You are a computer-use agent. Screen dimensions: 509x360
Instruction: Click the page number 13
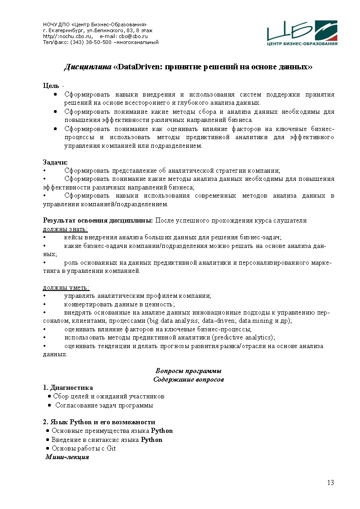point(331,482)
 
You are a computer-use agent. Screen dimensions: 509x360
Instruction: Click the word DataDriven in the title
point(139,67)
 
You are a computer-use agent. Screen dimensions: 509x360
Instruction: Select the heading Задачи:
point(55,162)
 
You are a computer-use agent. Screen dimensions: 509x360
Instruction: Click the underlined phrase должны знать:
point(65,229)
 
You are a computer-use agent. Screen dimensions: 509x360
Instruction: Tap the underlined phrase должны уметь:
point(66,287)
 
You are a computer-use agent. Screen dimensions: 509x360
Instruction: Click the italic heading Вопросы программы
point(188,371)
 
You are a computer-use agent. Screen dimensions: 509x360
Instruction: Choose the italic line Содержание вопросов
point(188,379)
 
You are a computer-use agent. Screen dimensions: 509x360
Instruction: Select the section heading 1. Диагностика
point(68,388)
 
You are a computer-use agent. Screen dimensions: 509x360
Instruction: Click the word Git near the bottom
point(111,448)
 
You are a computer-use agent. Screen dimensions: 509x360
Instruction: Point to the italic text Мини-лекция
point(67,457)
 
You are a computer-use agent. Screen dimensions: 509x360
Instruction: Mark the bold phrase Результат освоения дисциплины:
point(98,221)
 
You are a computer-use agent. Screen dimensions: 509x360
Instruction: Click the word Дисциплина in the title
point(88,67)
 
